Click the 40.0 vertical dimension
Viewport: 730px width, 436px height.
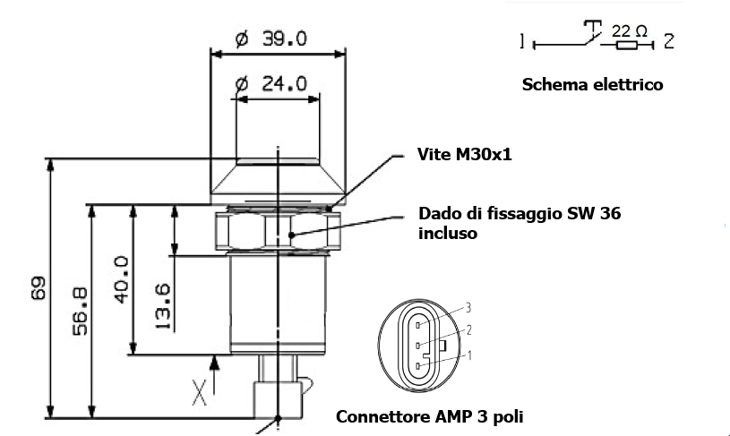click(x=121, y=278)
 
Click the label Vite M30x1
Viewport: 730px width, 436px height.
click(x=464, y=154)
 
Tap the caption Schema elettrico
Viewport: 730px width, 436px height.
click(x=592, y=85)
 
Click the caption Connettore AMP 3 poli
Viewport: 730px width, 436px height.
click(x=429, y=416)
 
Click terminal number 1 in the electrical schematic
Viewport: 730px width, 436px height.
click(x=520, y=41)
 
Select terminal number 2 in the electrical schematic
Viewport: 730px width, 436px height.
click(x=669, y=41)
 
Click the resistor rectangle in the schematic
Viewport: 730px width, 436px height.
click(x=625, y=43)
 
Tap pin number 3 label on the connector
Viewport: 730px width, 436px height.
click(x=468, y=308)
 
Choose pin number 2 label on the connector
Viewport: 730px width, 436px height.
click(x=468, y=330)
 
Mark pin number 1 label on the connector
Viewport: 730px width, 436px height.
click(x=468, y=355)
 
